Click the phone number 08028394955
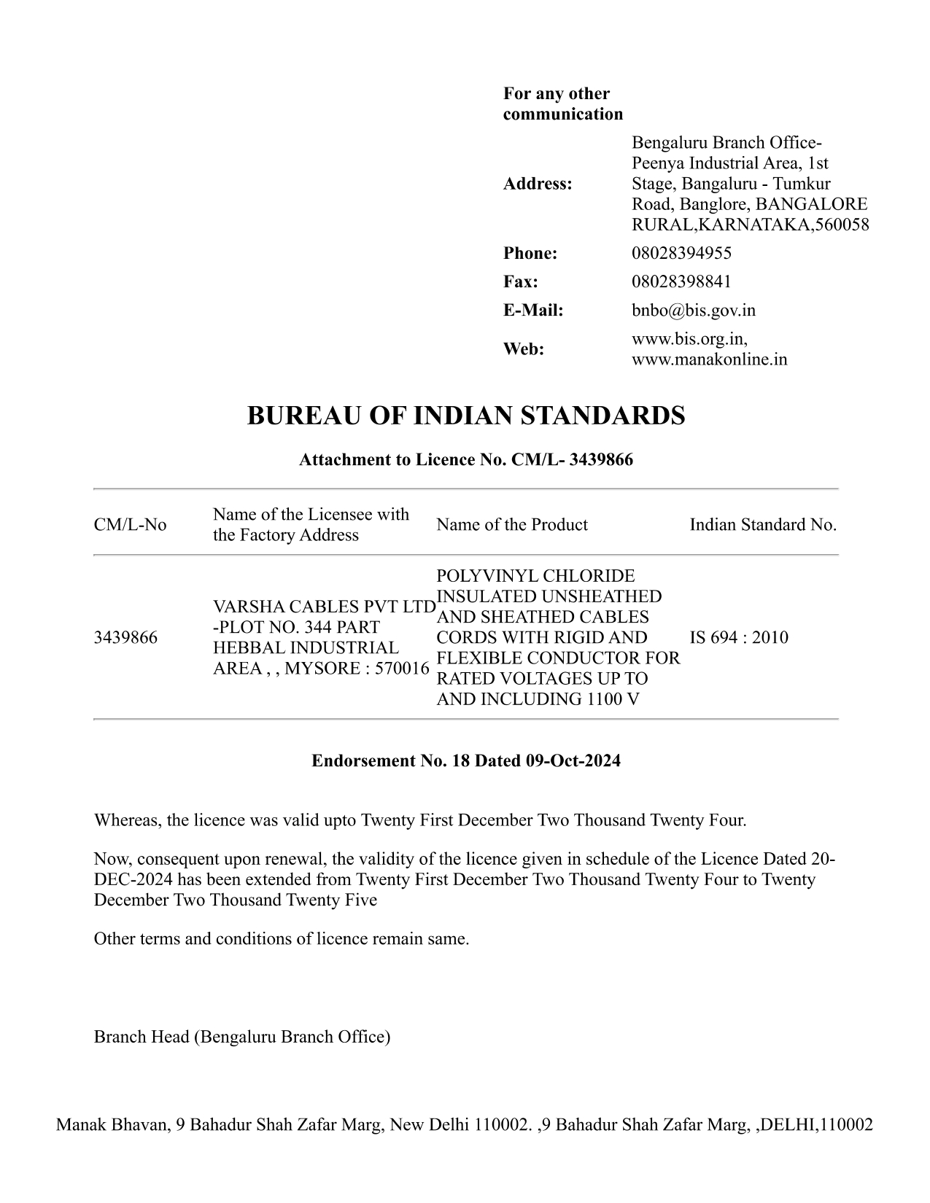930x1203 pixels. coord(681,253)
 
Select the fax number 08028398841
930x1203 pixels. coord(681,281)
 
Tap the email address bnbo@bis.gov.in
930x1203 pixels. coord(693,311)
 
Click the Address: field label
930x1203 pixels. coord(538,184)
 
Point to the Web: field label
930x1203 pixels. coord(524,349)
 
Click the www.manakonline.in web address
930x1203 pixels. coord(709,359)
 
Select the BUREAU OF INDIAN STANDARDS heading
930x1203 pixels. coord(466,416)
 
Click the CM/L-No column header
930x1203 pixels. coord(130,525)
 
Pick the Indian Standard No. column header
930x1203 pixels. coord(763,525)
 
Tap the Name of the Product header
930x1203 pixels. coord(511,525)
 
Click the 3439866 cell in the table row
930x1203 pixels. coord(125,638)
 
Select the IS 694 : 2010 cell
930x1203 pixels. coord(739,638)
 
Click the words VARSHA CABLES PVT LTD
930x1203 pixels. coord(324,607)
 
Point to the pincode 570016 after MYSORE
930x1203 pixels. coord(402,669)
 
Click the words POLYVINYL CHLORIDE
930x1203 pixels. coord(535,576)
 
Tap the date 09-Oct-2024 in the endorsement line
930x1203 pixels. coord(573,761)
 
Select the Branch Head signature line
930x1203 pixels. coord(241,1037)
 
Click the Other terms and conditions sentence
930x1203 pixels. coord(282,939)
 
